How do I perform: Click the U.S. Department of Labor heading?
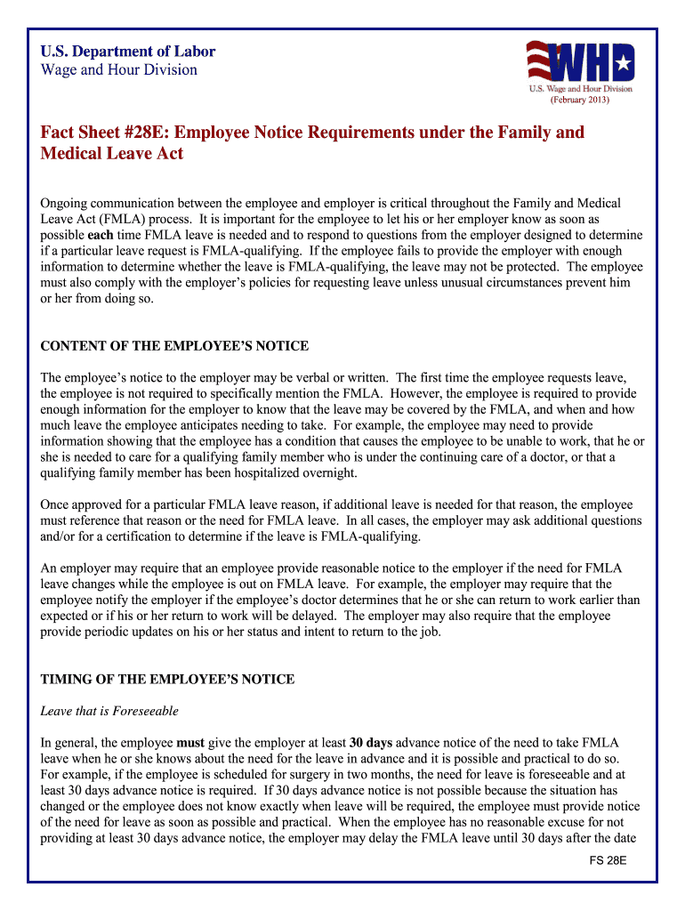pyautogui.click(x=128, y=52)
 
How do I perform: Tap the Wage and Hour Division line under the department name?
pyautogui.click(x=119, y=70)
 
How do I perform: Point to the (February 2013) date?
pyautogui.click(x=580, y=100)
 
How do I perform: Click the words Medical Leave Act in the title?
pyautogui.click(x=112, y=154)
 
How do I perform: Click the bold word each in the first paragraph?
pyautogui.click(x=95, y=235)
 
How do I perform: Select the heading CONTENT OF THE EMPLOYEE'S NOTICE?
pyautogui.click(x=174, y=346)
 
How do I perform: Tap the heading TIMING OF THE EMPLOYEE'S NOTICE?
pyautogui.click(x=167, y=680)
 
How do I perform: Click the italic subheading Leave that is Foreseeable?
pyautogui.click(x=109, y=711)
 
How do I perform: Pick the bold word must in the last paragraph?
pyautogui.click(x=191, y=743)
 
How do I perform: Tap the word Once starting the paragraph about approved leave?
pyautogui.click(x=56, y=504)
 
